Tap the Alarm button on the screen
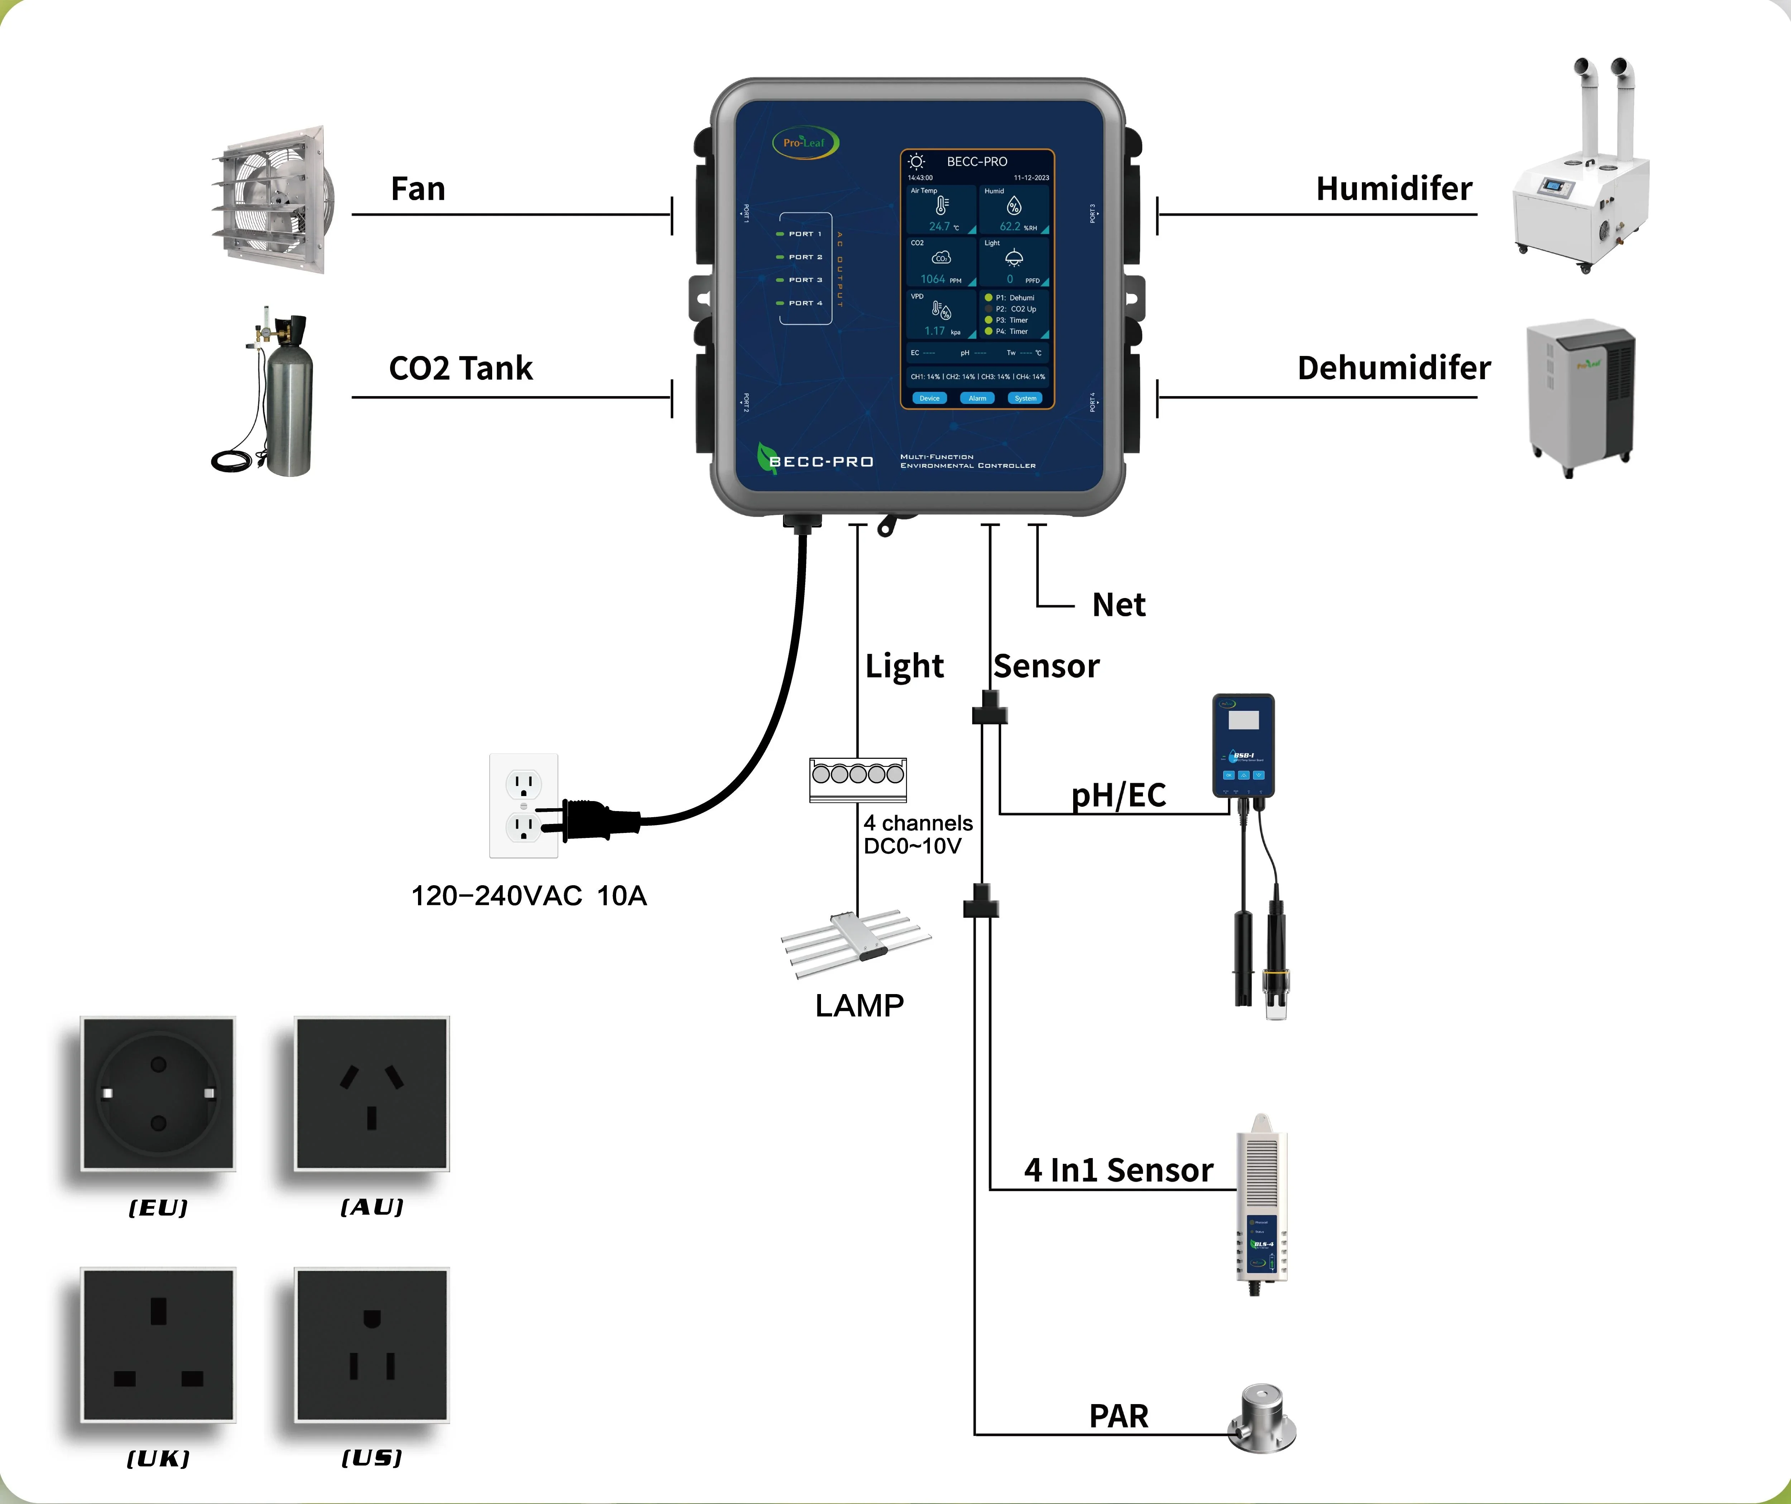[978, 398]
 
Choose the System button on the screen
[1025, 398]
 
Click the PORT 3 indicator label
[805, 280]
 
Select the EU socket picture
[158, 1093]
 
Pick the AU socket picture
[372, 1093]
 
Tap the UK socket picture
[158, 1345]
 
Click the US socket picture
[372, 1345]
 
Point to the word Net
[1119, 605]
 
